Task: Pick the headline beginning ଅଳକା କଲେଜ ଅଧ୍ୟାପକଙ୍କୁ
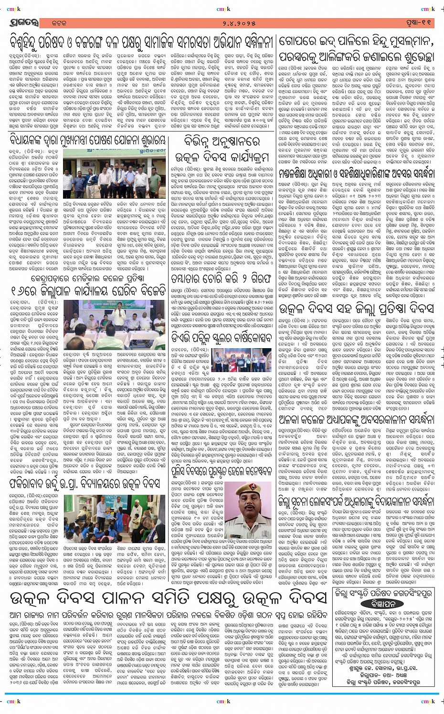tap(357, 419)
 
